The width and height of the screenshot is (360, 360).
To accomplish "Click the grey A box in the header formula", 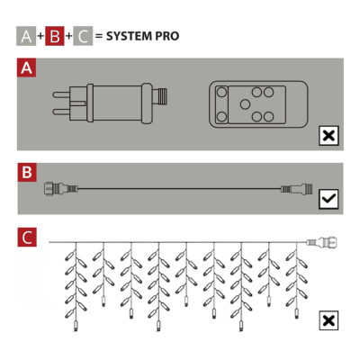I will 27,37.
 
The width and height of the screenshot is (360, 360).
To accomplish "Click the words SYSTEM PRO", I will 142,37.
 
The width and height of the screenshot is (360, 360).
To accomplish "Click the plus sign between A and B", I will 40,37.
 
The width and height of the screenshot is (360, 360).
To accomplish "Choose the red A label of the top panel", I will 27,68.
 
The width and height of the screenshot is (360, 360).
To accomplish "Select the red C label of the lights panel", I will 27,238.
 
